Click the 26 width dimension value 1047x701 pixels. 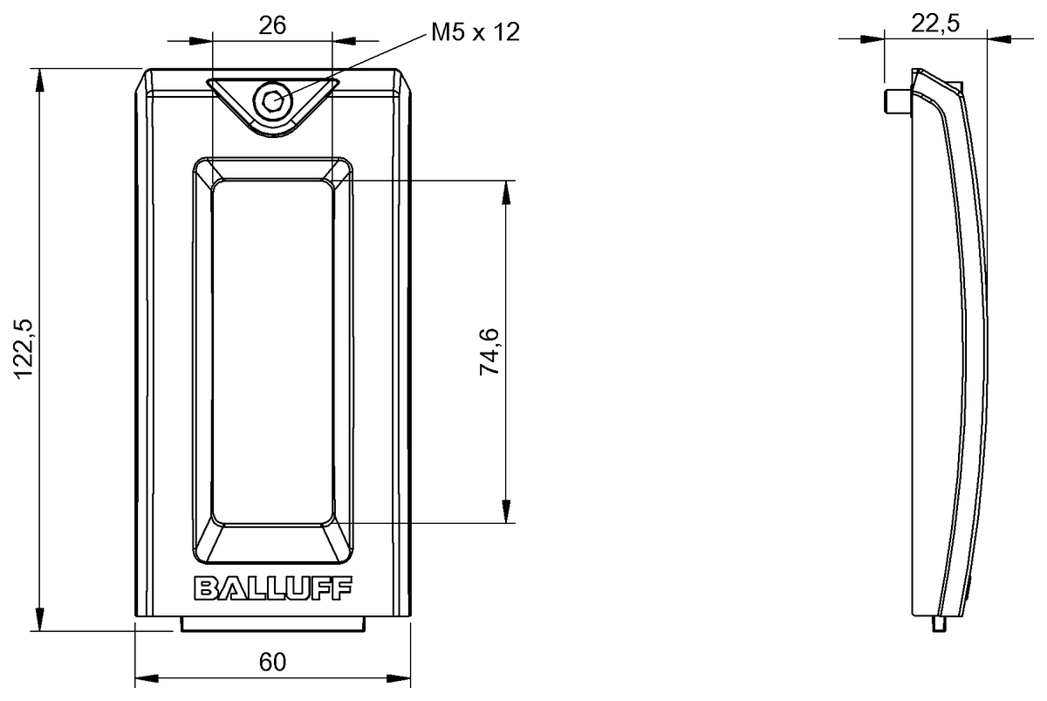tap(272, 25)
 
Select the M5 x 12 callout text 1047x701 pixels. tap(475, 32)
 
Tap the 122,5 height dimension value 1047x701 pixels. tap(24, 349)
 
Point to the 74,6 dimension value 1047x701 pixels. tap(489, 352)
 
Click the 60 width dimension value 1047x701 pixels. tap(272, 663)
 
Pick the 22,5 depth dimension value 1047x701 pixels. tap(935, 24)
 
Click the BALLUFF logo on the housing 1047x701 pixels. tap(273, 588)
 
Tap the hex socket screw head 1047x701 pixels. tap(272, 100)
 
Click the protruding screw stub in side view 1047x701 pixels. tap(898, 101)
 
